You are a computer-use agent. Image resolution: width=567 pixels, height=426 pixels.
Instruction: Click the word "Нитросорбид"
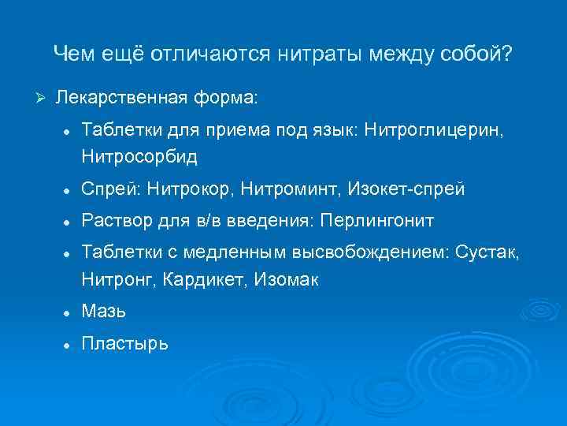pos(139,157)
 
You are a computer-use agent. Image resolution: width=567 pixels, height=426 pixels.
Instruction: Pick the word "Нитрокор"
pos(197,189)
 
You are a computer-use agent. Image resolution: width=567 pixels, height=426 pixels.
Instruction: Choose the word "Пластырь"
pos(124,345)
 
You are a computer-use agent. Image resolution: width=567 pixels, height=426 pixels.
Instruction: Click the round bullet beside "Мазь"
pos(69,313)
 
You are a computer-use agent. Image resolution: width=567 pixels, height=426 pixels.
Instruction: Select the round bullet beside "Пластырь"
pos(69,345)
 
